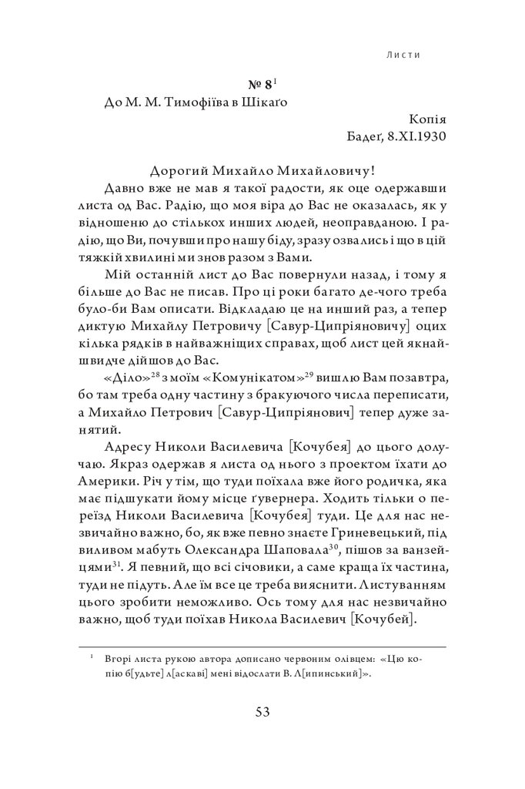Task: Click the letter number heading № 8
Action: pos(253,86)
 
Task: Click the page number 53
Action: pos(262,711)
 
